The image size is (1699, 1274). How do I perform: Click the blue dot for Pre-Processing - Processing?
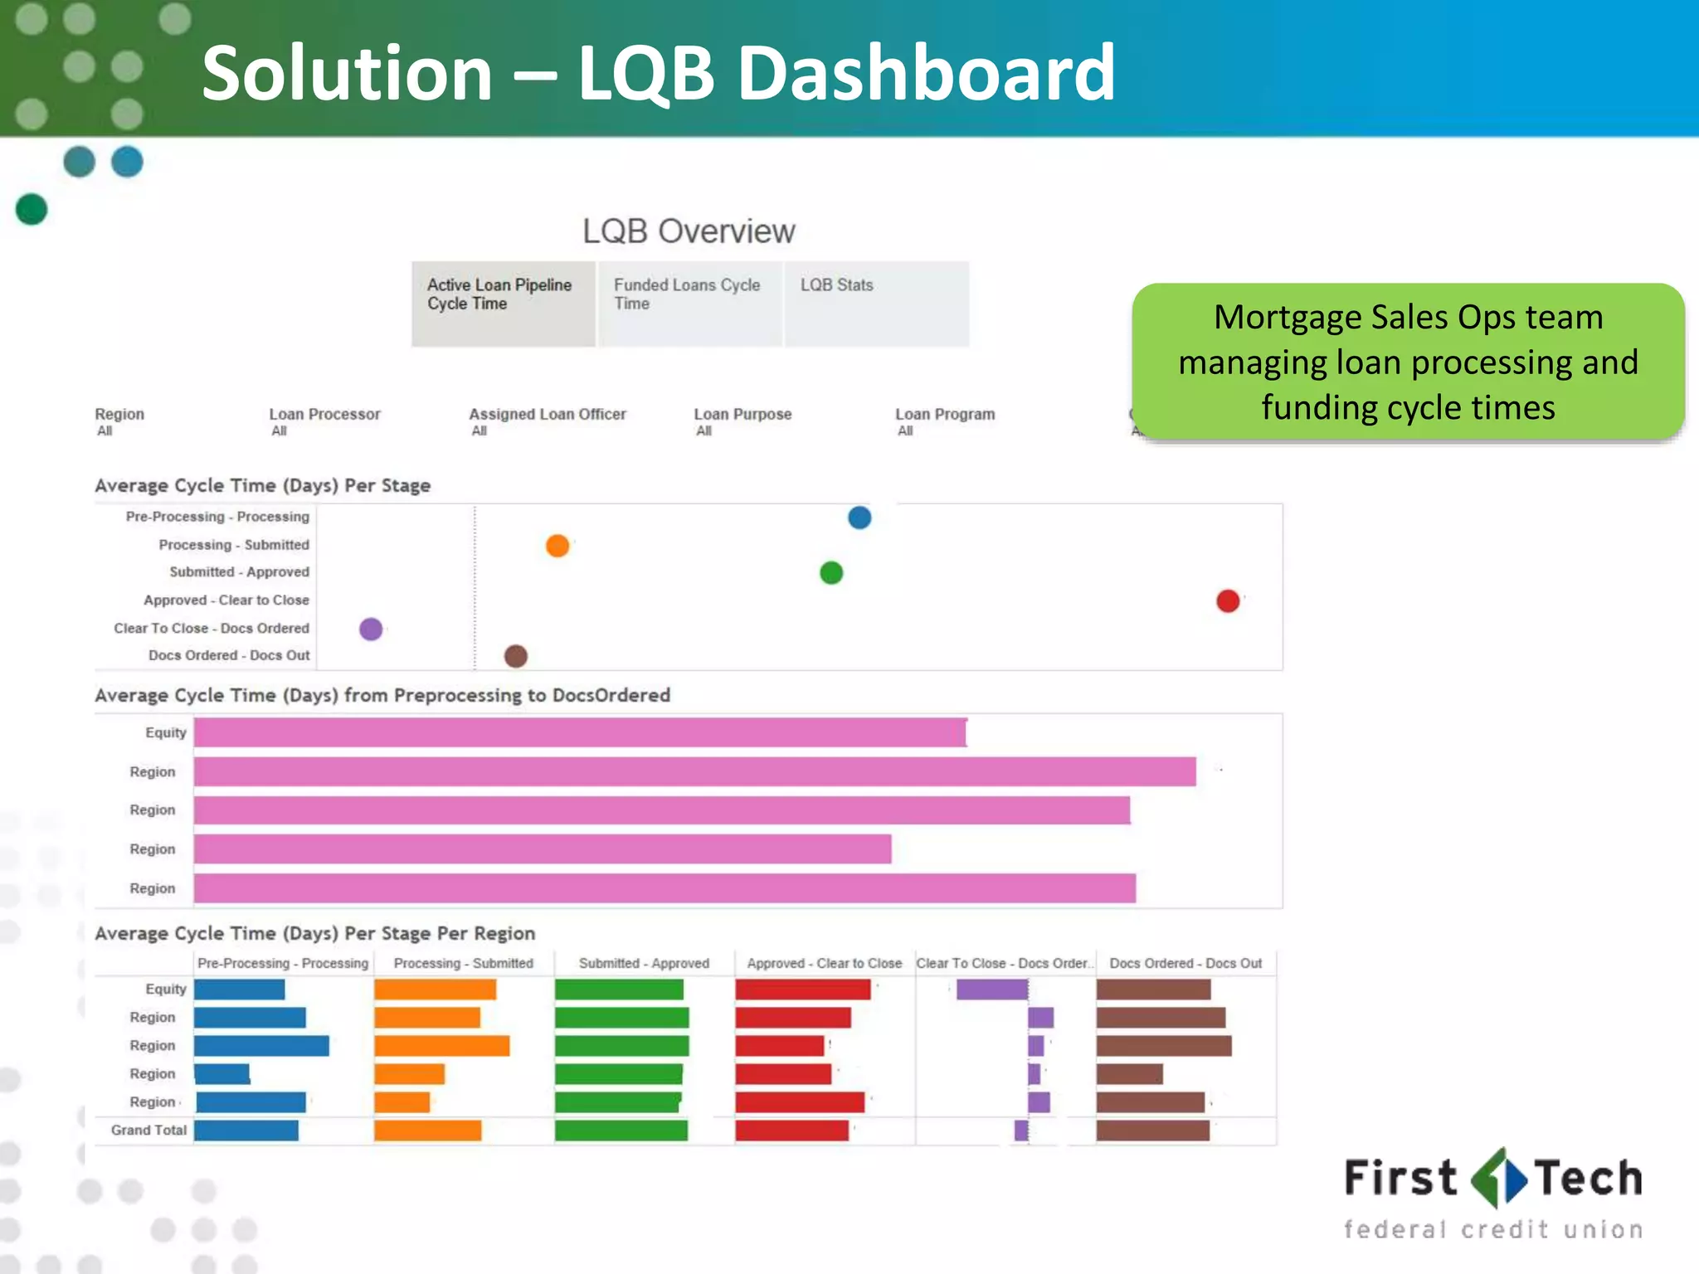pyautogui.click(x=859, y=518)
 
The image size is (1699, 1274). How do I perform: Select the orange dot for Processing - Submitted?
pyautogui.click(x=557, y=546)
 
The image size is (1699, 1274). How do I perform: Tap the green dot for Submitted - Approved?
pyautogui.click(x=831, y=572)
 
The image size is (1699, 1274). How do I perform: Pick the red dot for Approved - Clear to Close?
pyautogui.click(x=1228, y=601)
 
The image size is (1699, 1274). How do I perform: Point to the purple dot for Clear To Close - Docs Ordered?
pyautogui.click(x=371, y=629)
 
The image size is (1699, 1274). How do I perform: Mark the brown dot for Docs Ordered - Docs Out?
pyautogui.click(x=516, y=656)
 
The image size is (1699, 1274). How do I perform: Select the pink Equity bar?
pyautogui.click(x=581, y=732)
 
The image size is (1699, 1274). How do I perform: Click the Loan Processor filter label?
pyautogui.click(x=324, y=414)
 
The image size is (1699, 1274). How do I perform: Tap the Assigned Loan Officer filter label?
pyautogui.click(x=548, y=414)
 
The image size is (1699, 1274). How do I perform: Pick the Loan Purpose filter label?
pyautogui.click(x=742, y=414)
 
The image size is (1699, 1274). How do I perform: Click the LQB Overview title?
pyautogui.click(x=689, y=231)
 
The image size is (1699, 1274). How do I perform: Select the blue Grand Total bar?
pyautogui.click(x=246, y=1130)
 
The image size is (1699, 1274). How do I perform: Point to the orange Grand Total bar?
pyautogui.click(x=427, y=1130)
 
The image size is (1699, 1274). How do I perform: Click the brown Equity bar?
pyautogui.click(x=1153, y=989)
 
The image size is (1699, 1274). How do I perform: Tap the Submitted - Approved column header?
pyautogui.click(x=644, y=963)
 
